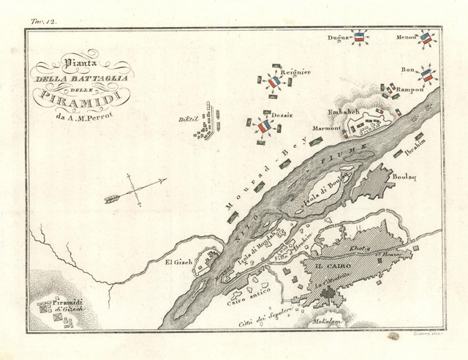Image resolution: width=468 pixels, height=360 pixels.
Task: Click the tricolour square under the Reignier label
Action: pos(273,83)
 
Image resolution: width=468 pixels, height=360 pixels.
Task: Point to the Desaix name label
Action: pos(271,115)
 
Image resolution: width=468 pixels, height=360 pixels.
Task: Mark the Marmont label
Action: pos(326,127)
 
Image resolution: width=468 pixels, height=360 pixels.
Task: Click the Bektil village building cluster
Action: pos(208,121)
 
